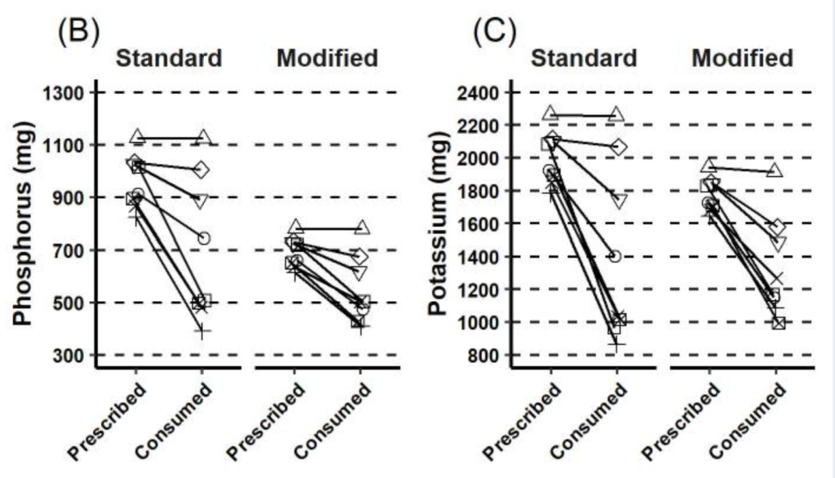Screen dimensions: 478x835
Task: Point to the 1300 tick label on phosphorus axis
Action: (x=63, y=93)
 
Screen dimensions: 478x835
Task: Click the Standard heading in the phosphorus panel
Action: (x=169, y=59)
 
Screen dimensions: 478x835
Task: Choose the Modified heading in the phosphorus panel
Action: (x=327, y=59)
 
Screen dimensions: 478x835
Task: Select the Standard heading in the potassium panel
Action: (x=584, y=59)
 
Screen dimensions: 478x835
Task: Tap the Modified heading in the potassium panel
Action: (x=742, y=59)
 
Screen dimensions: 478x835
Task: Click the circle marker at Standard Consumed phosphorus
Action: (x=204, y=238)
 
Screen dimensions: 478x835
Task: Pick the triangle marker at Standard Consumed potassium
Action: (x=617, y=115)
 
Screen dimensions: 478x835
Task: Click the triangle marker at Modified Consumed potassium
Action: (x=775, y=170)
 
